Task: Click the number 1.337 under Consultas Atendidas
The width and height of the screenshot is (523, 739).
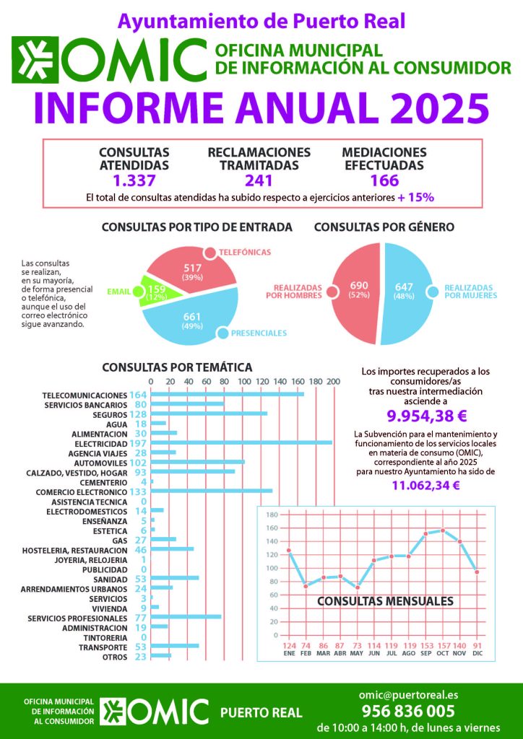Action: coord(134,180)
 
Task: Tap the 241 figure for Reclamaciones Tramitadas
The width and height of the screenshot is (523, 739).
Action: coord(259,180)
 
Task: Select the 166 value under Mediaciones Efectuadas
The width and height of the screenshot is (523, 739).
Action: coord(384,180)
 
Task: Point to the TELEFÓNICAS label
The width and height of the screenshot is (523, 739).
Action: coord(246,252)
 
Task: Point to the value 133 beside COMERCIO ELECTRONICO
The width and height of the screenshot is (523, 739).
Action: coord(138,491)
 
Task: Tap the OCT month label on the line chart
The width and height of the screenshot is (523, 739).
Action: coord(443,653)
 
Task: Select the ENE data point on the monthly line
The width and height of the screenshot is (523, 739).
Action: coord(289,551)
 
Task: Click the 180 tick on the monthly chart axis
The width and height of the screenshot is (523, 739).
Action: coord(272,515)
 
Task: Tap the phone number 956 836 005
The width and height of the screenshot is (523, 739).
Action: coord(407,710)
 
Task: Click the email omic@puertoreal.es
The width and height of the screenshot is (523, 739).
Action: coord(407,695)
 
